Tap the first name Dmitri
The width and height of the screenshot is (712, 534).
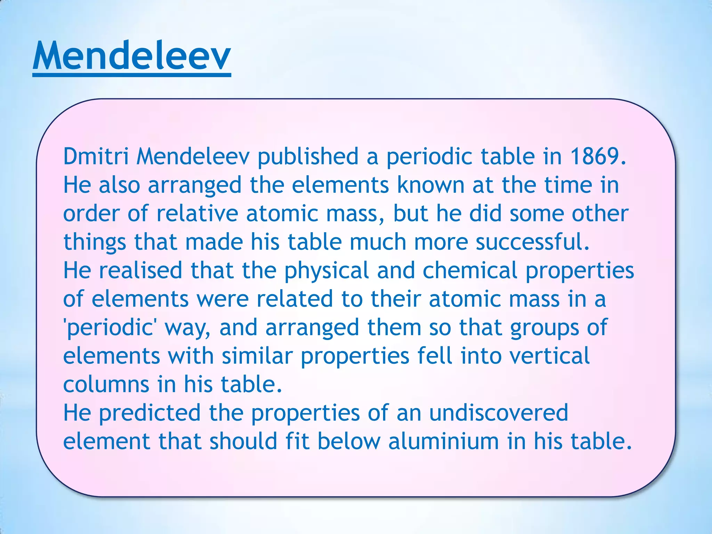point(96,156)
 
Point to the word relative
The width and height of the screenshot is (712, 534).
point(197,213)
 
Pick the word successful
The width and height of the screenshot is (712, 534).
point(532,242)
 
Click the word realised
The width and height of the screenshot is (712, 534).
point(140,270)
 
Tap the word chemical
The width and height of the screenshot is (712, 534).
point(470,270)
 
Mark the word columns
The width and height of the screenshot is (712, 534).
point(106,385)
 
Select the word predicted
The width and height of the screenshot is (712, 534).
point(150,413)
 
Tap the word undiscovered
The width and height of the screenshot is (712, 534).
point(499,413)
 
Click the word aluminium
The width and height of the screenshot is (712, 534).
point(444,442)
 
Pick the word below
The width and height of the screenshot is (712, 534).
point(349,442)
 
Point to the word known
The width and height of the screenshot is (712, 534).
point(430,185)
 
